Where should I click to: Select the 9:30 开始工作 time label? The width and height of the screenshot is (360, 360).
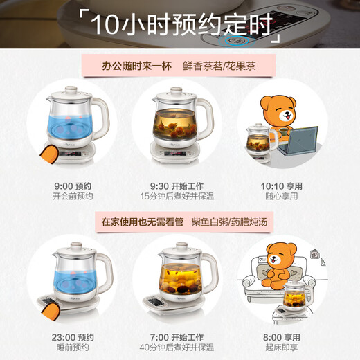click(x=178, y=186)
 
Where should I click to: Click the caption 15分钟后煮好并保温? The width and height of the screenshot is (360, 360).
click(x=178, y=197)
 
